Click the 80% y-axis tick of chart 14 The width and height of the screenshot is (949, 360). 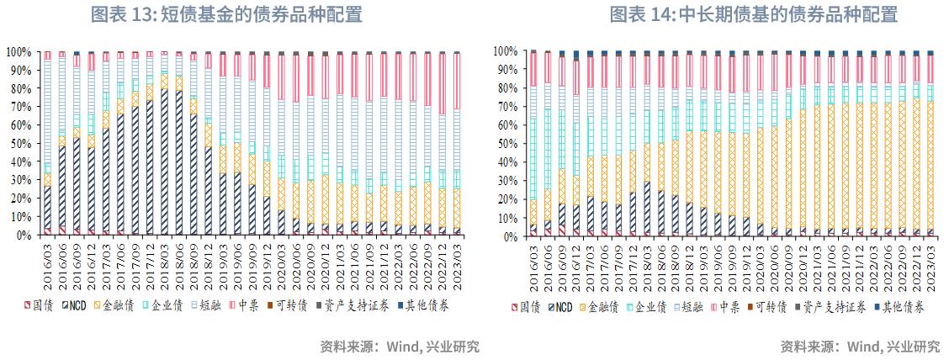point(505,88)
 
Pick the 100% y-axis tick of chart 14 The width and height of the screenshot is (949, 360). point(502,51)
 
